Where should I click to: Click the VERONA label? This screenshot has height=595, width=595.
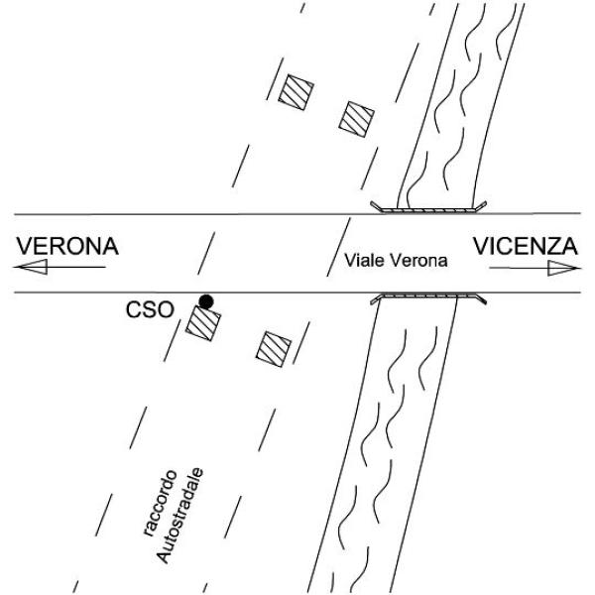(x=67, y=246)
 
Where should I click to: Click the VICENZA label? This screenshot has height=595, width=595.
(x=526, y=246)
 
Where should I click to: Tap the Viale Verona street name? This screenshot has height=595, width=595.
(x=396, y=261)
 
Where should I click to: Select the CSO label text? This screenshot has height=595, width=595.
(x=150, y=309)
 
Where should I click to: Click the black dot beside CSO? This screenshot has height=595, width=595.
(x=206, y=302)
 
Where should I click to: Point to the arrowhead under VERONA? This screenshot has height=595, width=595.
(x=31, y=267)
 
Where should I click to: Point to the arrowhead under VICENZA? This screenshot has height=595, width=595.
(x=563, y=269)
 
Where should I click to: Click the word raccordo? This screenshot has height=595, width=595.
(x=160, y=503)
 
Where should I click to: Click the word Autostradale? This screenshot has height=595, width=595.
(x=179, y=516)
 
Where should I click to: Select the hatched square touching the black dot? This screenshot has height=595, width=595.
(x=203, y=323)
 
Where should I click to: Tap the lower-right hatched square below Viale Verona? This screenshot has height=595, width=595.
(x=274, y=349)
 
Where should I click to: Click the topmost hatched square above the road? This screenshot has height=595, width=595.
(x=296, y=92)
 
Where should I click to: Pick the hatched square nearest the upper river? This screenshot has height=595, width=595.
(x=356, y=119)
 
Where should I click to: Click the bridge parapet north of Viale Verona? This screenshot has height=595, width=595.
(x=428, y=208)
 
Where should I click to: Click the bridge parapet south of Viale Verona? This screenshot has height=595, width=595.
(x=428, y=298)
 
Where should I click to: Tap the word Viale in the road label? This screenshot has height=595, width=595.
(x=365, y=261)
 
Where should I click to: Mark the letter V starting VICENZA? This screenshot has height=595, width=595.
(x=482, y=246)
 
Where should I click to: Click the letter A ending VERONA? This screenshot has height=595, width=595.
(x=110, y=246)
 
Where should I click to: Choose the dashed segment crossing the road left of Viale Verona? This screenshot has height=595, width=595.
(x=206, y=254)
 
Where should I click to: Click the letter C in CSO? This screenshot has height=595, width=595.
(x=134, y=309)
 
